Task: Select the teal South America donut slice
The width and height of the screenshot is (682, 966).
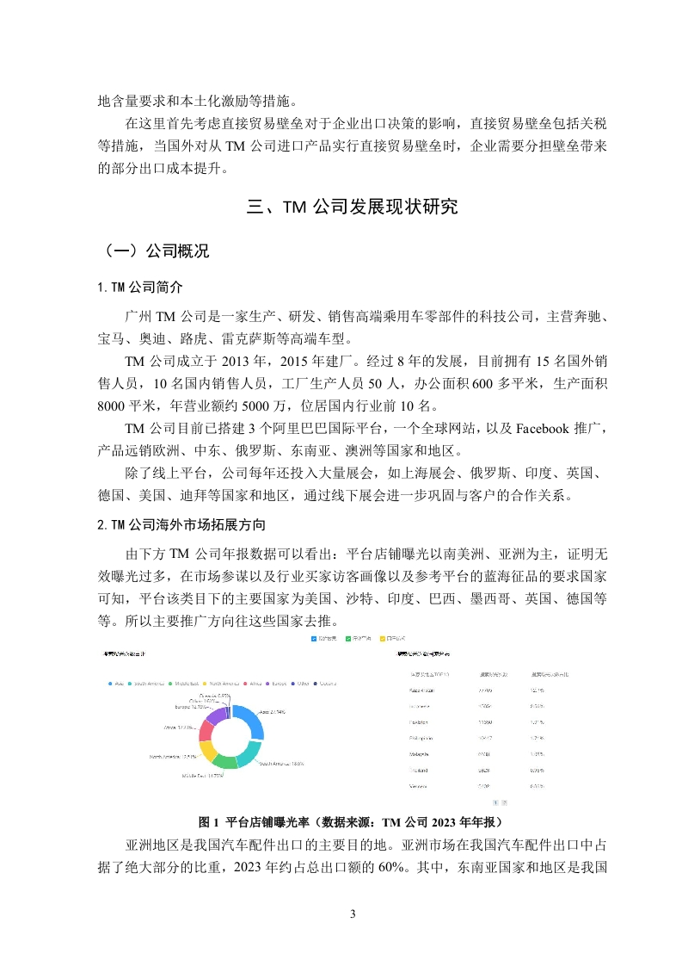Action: pos(245,754)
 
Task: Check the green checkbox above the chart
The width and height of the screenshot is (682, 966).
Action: pos(348,639)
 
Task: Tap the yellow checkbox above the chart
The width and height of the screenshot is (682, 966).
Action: pos(382,639)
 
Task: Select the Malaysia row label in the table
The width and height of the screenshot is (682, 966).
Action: pos(423,754)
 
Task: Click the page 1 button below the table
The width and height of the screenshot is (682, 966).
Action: pos(495,802)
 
